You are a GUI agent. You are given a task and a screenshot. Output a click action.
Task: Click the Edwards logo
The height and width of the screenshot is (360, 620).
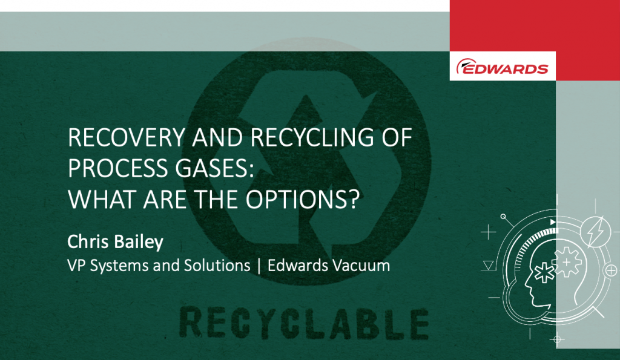[x=502, y=67]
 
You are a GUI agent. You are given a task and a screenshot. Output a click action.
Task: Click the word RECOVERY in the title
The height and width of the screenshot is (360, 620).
[x=126, y=137]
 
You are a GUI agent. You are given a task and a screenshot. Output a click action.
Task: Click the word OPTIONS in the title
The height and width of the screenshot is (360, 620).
[x=302, y=199]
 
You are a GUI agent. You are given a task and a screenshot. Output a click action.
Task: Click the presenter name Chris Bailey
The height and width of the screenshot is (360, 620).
[x=115, y=242]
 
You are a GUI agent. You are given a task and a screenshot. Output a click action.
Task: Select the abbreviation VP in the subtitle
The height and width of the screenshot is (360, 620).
[x=76, y=265]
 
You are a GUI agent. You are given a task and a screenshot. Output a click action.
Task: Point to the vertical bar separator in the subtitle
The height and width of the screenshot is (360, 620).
[x=259, y=266]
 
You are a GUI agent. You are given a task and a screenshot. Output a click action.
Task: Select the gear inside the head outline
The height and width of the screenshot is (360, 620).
[x=567, y=262]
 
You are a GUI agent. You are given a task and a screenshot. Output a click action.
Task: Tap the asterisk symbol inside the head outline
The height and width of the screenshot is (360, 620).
[x=544, y=273]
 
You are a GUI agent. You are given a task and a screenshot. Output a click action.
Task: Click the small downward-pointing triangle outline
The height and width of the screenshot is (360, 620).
[x=489, y=265]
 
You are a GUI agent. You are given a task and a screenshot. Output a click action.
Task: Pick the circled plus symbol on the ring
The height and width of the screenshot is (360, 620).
[x=612, y=270]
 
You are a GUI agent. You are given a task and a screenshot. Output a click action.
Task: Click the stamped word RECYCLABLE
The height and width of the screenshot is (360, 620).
[x=304, y=323]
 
